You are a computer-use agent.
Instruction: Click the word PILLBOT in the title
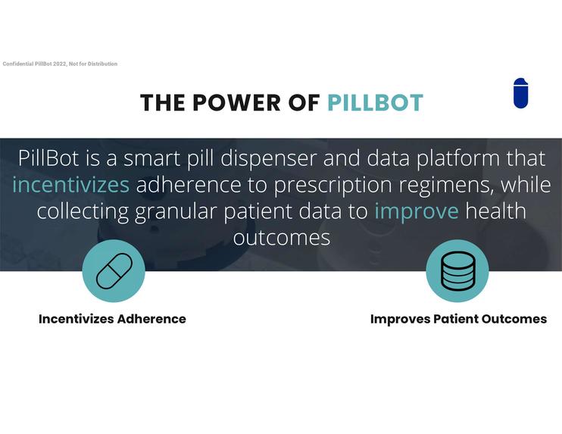[375, 103]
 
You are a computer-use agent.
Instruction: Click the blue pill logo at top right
[520, 93]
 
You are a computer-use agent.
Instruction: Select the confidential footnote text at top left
[60, 64]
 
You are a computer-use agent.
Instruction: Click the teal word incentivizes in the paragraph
[70, 184]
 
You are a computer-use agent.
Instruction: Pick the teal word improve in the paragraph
[416, 211]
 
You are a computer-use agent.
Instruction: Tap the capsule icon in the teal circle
[114, 270]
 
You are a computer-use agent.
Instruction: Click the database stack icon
[457, 270]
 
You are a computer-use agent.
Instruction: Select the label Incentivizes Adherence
[112, 319]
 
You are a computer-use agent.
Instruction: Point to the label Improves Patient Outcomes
[458, 319]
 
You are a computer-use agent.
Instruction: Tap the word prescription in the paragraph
[327, 184]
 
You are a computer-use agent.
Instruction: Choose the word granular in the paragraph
[176, 211]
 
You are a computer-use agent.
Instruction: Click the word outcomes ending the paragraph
[281, 237]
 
